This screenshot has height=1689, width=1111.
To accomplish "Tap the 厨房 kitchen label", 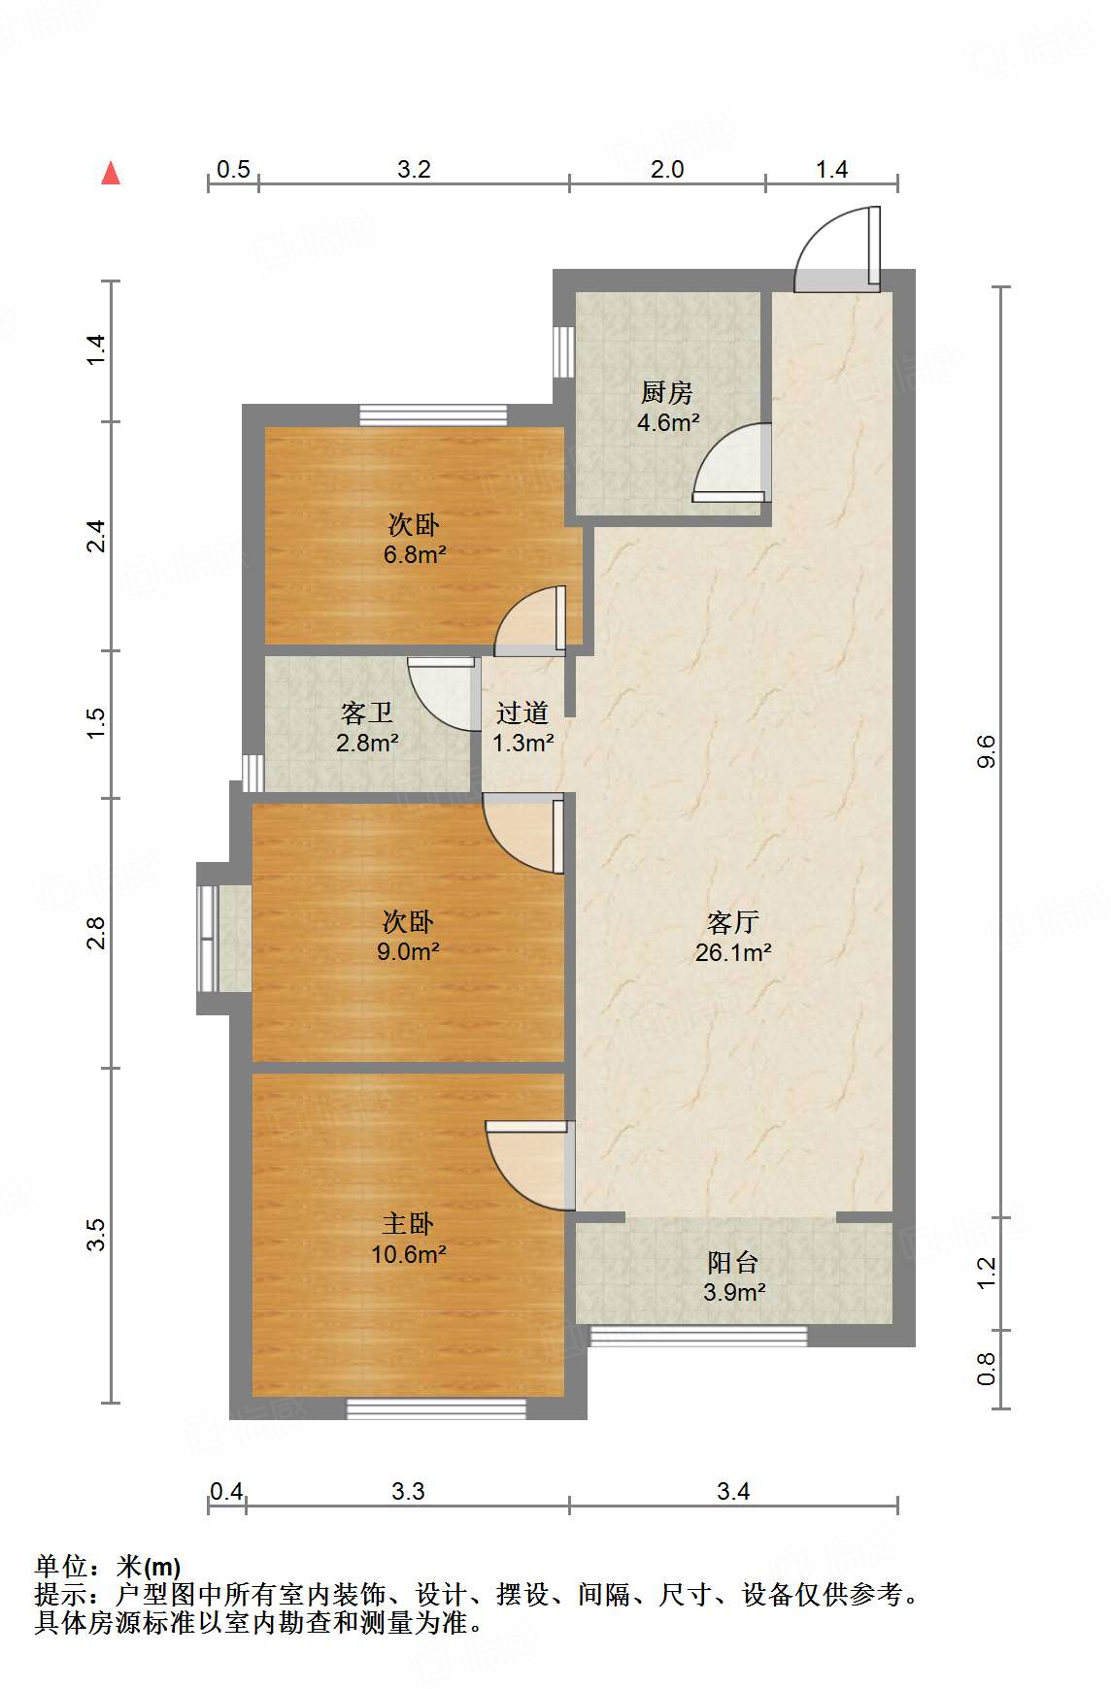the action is tap(667, 392).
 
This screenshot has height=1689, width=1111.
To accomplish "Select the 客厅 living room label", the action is tap(733, 921).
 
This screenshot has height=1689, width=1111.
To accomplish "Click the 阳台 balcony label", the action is tap(733, 1262).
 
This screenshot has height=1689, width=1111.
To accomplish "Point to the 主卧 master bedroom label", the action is tap(408, 1223).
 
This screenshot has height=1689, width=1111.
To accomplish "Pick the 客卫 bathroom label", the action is tap(367, 712).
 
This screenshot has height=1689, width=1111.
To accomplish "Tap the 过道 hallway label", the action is tap(522, 712).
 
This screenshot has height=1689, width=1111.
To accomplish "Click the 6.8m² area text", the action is tap(415, 554).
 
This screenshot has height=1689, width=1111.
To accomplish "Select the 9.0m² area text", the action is tap(408, 951).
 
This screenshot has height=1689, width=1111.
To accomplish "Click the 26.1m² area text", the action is tap(733, 952).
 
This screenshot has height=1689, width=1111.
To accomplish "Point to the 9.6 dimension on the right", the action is tap(987, 752).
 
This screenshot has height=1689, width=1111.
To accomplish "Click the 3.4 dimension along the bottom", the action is tap(733, 1491).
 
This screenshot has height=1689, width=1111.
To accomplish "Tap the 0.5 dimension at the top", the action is tap(233, 169).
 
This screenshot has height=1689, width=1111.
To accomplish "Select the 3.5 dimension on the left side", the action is tap(95, 1235).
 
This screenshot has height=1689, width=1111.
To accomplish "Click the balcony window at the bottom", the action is tap(698, 1336).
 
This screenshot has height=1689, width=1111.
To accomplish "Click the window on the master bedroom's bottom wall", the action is tap(437, 1408).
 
